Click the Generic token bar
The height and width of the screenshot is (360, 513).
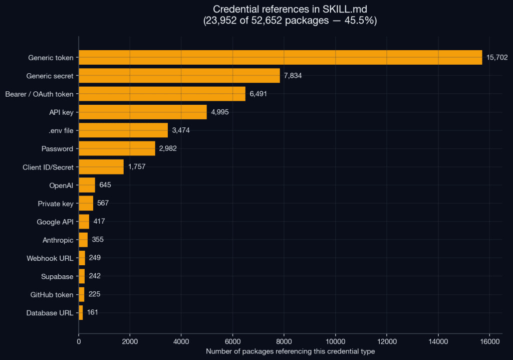(281, 57)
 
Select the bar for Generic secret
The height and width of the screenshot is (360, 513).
(179, 76)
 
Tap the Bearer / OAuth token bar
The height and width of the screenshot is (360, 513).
(162, 94)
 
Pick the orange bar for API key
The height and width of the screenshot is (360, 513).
(143, 112)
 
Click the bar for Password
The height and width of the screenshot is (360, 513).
(117, 148)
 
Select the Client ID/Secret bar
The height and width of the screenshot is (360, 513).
(101, 167)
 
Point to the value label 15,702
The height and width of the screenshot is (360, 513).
(497, 57)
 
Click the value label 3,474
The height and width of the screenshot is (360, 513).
(181, 130)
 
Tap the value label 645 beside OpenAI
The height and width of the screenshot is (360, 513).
(105, 185)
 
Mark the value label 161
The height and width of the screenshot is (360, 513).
(93, 312)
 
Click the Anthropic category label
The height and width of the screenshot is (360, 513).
(58, 240)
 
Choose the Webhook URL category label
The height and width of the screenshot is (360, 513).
(50, 258)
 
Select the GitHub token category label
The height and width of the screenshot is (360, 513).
(52, 295)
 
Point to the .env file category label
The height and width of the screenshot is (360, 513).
(61, 130)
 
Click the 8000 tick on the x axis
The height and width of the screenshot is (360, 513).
(284, 341)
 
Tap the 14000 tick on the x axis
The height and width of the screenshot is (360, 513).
(438, 341)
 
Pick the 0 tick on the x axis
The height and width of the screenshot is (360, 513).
(79, 341)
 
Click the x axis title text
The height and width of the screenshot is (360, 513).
(291, 351)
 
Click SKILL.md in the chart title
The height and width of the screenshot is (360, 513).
(345, 9)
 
